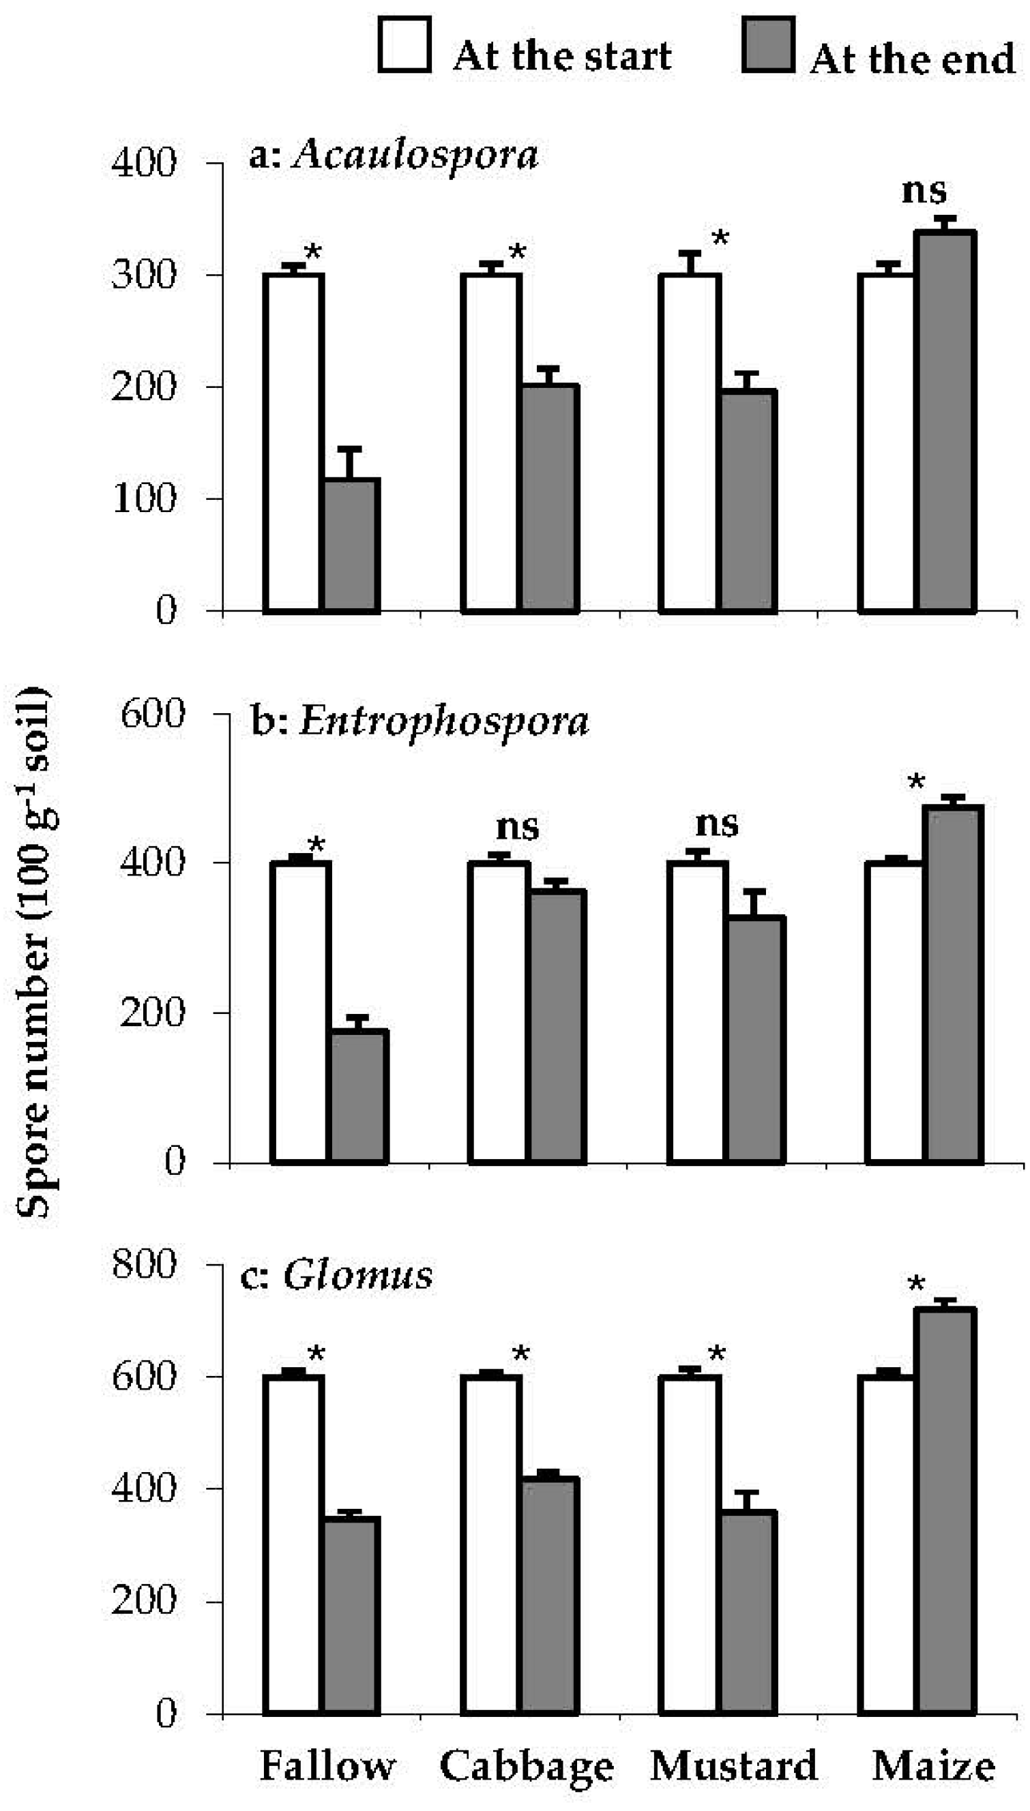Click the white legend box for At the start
click(404, 45)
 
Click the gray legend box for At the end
click(768, 45)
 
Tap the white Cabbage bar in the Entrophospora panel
click(499, 1011)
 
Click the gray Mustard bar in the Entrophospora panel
click(756, 1040)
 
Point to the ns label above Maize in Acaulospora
click(924, 190)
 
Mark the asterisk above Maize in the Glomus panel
click(916, 1285)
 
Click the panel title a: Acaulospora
click(394, 154)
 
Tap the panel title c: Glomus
click(337, 1276)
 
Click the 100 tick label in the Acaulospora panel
click(144, 498)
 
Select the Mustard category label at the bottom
click(733, 1767)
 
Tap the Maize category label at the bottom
click(933, 1767)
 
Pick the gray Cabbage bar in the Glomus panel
click(549, 1595)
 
